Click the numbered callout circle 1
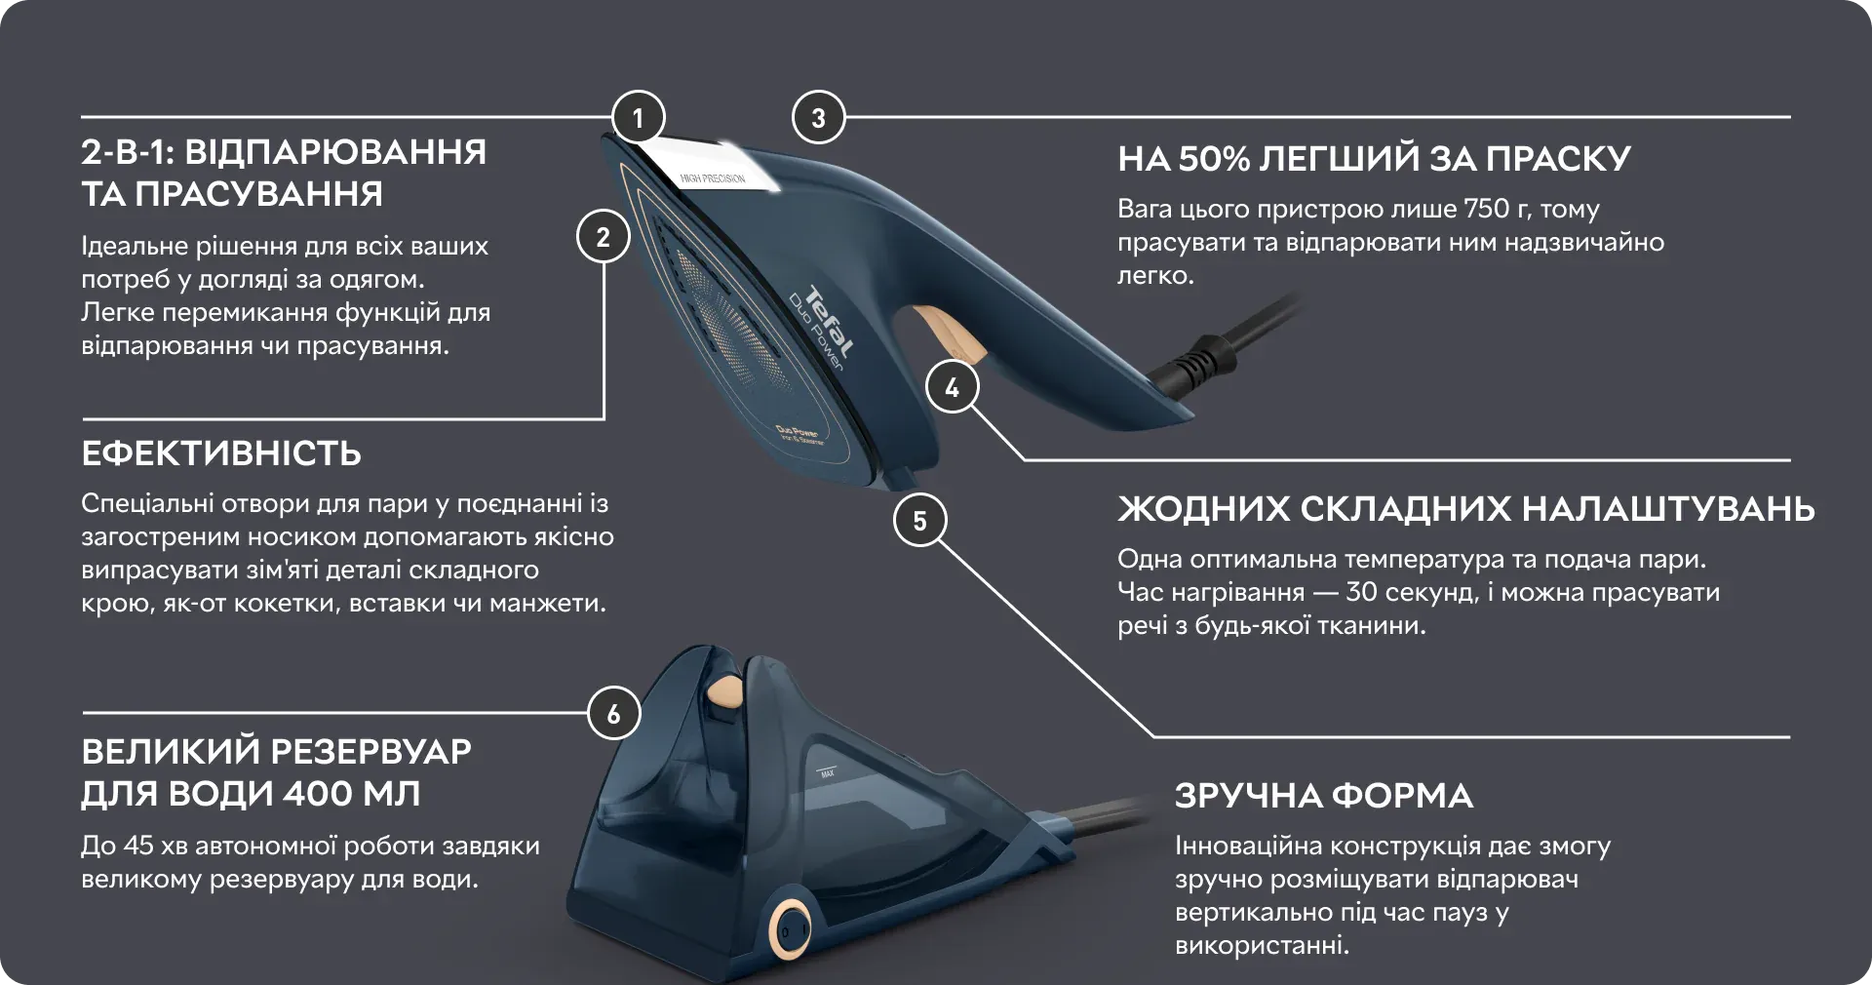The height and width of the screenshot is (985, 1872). coord(638,118)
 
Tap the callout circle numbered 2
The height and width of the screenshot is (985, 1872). coord(603,237)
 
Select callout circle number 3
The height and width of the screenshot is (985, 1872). coord(818,118)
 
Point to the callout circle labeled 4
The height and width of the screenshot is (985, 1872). coord(952,387)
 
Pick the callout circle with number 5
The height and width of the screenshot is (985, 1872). coord(919,520)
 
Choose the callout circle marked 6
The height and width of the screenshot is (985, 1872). coord(613,714)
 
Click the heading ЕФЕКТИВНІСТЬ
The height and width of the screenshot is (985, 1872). coord(221,453)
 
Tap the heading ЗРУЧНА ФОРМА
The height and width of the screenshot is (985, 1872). coord(1324,796)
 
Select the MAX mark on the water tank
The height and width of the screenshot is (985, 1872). coord(827,773)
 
